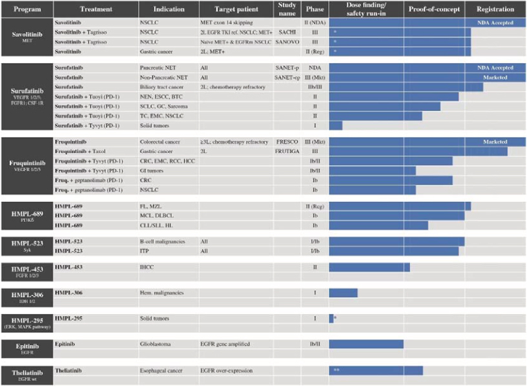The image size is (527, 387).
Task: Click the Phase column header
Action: coord(315,10)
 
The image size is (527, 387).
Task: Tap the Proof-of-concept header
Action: coord(433,10)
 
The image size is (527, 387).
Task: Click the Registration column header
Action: coord(495,10)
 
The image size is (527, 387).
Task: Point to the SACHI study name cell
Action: coord(287,31)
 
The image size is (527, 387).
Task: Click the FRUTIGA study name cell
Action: coord(287,152)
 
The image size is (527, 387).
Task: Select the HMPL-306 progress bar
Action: coord(343,293)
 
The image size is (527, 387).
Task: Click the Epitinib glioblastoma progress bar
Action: coord(366,344)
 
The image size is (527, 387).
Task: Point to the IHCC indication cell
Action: coord(147,266)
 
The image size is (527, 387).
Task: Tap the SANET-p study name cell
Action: coord(287,68)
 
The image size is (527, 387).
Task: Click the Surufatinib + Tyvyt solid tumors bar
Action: coord(336,125)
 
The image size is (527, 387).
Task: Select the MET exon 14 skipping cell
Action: coord(229,22)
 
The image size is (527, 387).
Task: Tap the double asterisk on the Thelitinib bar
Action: coord(337,370)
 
